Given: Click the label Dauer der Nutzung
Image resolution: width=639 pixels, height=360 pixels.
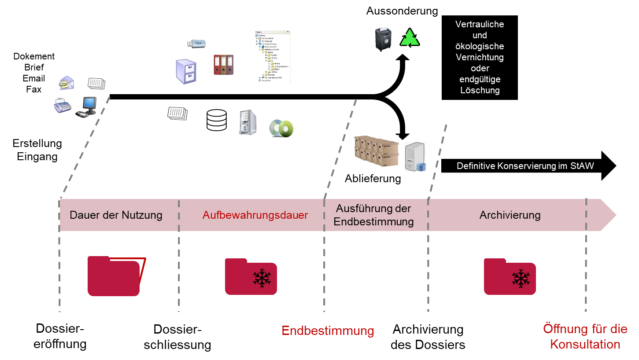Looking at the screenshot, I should coord(116,215).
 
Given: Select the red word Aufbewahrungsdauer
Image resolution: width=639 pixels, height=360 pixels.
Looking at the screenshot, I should coord(255,215).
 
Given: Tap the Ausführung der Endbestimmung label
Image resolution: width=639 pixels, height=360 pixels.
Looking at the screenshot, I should coord(373,215).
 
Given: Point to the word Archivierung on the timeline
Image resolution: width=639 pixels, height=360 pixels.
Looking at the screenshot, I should coord(510,215).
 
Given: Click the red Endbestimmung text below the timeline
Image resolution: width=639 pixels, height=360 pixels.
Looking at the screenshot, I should coord(328,331).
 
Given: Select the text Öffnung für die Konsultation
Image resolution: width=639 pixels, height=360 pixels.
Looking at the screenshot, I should coord(585,336).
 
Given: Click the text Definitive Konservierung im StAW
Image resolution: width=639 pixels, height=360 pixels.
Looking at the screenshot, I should coord(525,166).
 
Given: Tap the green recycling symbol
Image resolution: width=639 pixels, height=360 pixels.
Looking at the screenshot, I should coord(410,38).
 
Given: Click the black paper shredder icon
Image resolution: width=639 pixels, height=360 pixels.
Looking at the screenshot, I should coord(383,39).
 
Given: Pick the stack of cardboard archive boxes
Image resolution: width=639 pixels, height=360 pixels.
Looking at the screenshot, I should coord(376,151).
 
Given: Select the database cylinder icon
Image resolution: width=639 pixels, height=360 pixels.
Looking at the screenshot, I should coord(217,120).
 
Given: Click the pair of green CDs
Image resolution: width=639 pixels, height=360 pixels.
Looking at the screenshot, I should coord(281,128).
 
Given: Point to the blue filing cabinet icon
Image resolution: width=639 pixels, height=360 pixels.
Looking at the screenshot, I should coord(186,71).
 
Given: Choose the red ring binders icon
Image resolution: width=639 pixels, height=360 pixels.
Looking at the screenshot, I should coord(223,65).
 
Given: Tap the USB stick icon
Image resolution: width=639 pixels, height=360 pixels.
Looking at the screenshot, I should coord(196,44).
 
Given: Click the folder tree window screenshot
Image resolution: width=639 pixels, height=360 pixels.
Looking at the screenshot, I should coord(273,57).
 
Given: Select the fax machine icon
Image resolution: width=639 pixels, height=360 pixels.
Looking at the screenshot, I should coord(62,106).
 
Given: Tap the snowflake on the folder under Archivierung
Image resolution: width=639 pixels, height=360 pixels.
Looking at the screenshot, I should coord(521,279).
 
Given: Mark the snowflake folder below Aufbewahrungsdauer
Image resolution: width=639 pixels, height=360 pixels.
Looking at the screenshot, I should coord(251,276).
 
